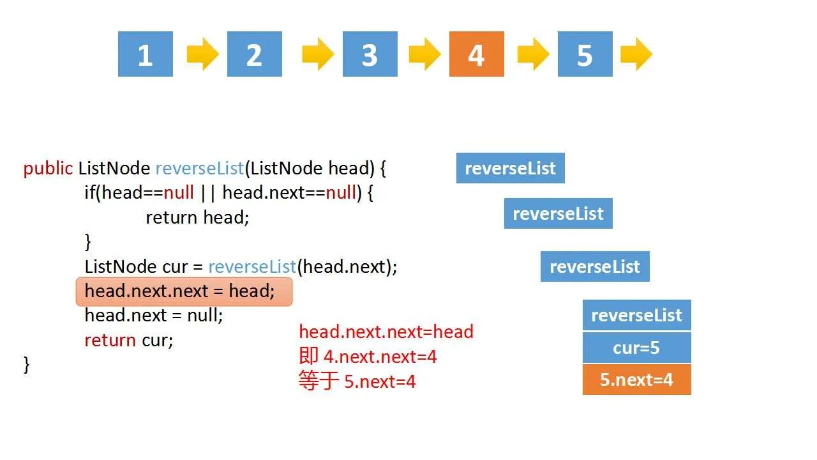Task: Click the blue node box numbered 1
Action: pos(146,54)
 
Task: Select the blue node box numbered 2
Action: pos(254,54)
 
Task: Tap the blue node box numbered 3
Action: pos(370,54)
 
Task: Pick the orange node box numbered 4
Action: pos(476,54)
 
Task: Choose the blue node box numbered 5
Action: pos(585,54)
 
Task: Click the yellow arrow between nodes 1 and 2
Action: pos(202,54)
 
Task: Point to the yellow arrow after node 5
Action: pos(636,54)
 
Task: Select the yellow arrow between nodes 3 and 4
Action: pos(424,54)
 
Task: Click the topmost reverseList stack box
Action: pos(510,168)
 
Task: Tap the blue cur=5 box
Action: pos(636,348)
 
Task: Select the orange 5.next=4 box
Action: pos(636,379)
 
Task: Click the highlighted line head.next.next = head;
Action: pos(184,291)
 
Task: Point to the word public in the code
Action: pos(48,168)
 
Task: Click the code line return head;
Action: pos(197,217)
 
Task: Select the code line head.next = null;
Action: pos(154,315)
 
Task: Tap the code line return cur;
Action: pos(129,340)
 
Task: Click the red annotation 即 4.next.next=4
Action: pos(368,356)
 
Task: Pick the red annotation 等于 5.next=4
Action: pos(357,381)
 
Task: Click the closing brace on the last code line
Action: pos(27,364)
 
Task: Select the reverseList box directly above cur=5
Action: pos(636,315)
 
